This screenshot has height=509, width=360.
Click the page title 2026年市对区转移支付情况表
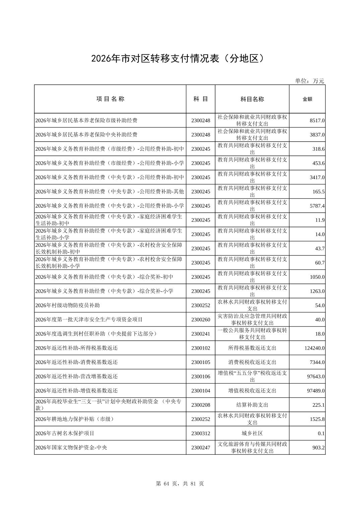(x=180, y=59)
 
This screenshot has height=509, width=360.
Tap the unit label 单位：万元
(x=309, y=81)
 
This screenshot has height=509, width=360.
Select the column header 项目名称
(x=110, y=99)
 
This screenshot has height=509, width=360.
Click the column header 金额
(x=307, y=99)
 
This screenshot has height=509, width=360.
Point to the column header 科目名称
(x=252, y=99)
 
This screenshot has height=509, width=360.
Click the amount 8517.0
(x=317, y=121)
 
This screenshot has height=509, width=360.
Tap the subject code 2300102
(x=200, y=348)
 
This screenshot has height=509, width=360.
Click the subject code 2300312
(x=200, y=433)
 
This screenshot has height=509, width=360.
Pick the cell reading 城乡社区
(x=252, y=433)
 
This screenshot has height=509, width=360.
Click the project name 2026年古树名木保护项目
(x=65, y=433)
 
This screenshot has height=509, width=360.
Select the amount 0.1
(x=321, y=434)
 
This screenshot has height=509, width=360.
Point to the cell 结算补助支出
(x=252, y=405)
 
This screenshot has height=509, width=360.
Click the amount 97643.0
(x=316, y=377)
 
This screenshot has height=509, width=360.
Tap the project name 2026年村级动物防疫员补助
(x=67, y=305)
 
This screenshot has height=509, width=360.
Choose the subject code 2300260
(x=200, y=320)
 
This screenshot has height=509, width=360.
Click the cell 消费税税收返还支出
(x=252, y=362)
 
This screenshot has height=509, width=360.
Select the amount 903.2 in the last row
(x=318, y=448)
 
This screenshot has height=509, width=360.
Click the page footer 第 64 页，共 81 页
(x=180, y=484)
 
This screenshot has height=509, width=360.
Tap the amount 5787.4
(x=317, y=206)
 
